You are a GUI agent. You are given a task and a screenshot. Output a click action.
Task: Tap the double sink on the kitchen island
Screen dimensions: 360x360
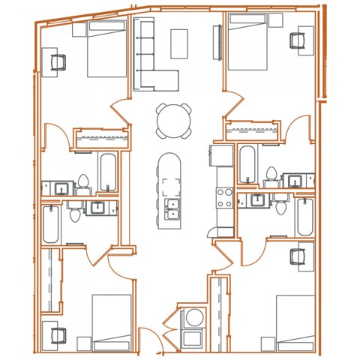(171, 208)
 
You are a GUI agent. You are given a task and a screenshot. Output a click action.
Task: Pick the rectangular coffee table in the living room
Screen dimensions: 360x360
(180, 43)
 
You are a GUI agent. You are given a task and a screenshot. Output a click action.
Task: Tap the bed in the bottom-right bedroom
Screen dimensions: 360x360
(295, 322)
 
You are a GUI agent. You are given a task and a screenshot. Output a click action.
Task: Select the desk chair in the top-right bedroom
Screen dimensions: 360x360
(304, 41)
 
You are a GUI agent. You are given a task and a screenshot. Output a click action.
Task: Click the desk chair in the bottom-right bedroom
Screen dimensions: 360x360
(301, 255)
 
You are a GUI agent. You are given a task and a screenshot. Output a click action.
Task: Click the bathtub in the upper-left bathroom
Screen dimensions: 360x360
(107, 173)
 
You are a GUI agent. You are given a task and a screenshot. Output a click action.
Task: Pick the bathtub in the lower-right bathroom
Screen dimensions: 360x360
(304, 217)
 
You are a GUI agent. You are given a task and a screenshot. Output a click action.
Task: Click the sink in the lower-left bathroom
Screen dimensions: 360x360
(97, 208)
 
